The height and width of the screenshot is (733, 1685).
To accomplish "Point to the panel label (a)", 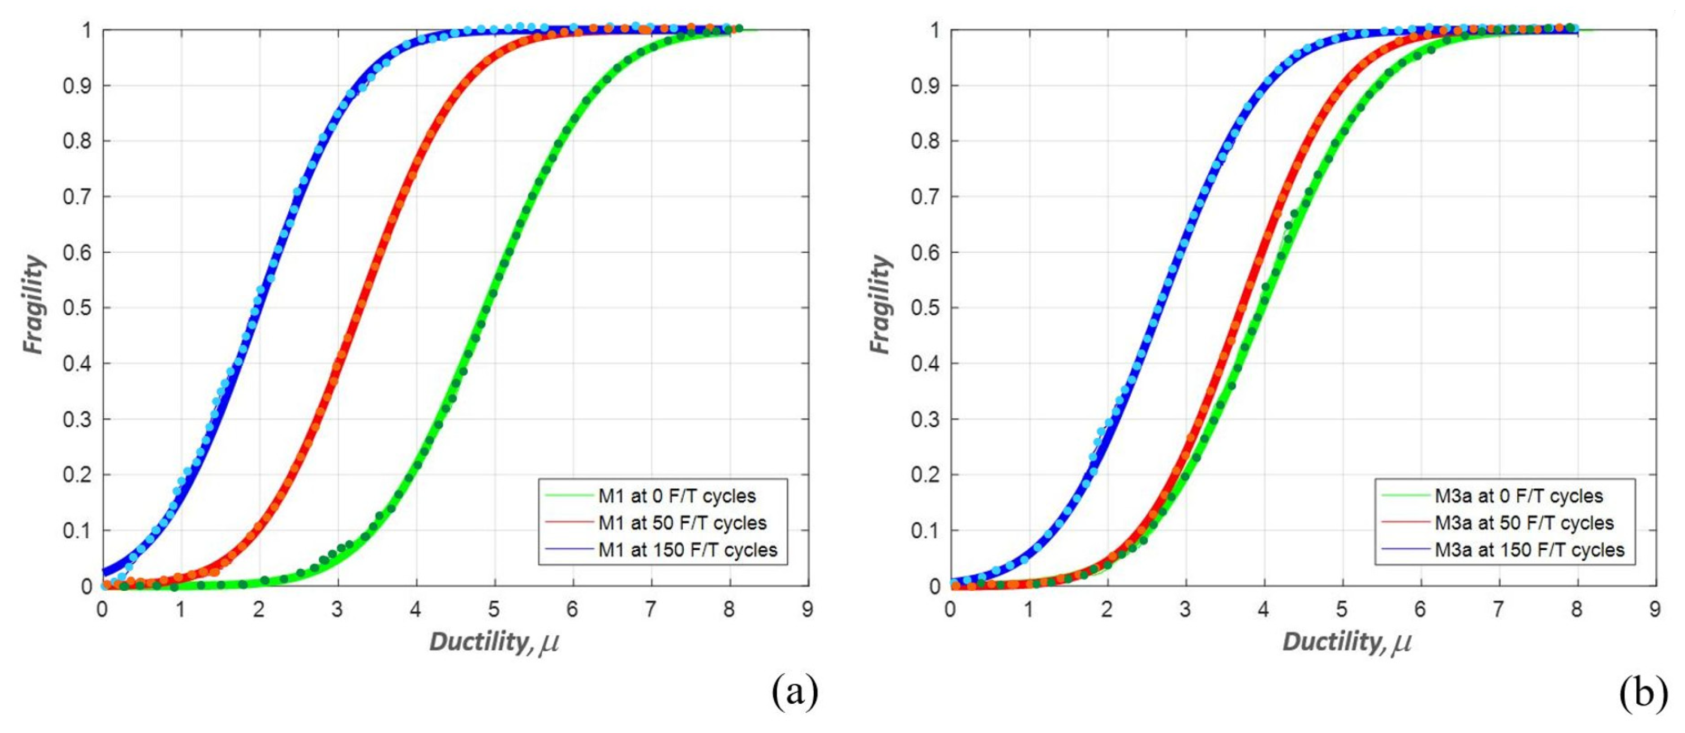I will coord(794,693).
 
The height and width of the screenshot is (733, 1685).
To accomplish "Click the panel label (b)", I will coord(1643,693).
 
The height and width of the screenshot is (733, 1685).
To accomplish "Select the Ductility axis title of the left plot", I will coord(494,642).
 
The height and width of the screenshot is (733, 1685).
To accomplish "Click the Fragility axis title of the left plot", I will coord(34,305).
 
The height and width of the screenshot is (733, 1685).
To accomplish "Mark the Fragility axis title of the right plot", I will coord(881,305).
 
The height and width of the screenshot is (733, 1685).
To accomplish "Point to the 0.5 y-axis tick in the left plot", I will coord(77,308).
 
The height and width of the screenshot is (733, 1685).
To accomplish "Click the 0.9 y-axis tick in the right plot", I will coord(925,85).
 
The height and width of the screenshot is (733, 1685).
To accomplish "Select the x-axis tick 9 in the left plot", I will coord(808,609).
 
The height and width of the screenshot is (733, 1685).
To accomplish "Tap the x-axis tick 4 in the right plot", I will coord(1263,609).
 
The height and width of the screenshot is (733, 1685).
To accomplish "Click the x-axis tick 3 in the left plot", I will coord(337,609).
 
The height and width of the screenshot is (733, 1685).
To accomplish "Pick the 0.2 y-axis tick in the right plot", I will coord(925,475).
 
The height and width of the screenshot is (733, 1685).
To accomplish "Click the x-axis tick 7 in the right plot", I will coord(1499,609).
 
